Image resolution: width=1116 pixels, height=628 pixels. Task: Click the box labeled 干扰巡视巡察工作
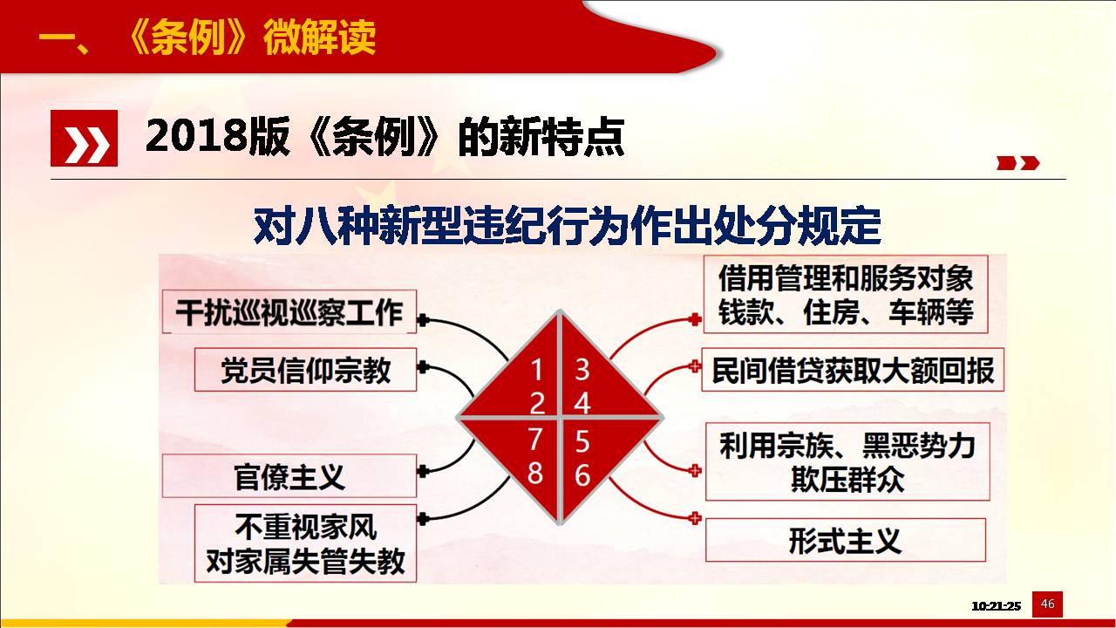tap(289, 311)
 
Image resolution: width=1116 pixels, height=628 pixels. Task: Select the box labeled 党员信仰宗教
tap(305, 370)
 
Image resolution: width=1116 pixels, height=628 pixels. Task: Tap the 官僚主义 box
tap(289, 476)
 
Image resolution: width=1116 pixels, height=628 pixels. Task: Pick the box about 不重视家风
tap(305, 543)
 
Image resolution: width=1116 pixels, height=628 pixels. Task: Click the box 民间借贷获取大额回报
tap(853, 370)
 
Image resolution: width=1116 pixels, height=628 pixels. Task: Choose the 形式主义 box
tap(846, 540)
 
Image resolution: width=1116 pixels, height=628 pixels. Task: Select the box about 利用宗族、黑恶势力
tap(847, 461)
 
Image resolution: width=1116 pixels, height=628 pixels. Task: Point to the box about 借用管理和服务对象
tap(846, 295)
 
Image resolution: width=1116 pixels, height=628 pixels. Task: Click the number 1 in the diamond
tap(536, 370)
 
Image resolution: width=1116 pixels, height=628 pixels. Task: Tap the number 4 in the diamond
tap(582, 403)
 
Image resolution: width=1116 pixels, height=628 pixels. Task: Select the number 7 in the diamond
tap(535, 439)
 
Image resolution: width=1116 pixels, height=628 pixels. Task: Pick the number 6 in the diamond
tap(582, 474)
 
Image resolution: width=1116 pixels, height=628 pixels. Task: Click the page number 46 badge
tap(1047, 604)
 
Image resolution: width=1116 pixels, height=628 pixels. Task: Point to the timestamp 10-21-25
tap(996, 606)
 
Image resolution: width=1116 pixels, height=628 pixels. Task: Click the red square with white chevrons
tap(85, 138)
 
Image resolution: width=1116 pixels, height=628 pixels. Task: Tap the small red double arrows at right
tap(1017, 163)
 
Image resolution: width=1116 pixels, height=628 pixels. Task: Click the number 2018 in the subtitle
tap(196, 136)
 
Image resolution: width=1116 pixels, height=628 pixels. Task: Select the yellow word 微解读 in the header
tap(319, 38)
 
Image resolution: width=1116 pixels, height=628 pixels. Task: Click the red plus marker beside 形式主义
tap(695, 518)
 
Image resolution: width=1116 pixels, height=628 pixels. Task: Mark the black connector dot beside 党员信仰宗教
tap(423, 367)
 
